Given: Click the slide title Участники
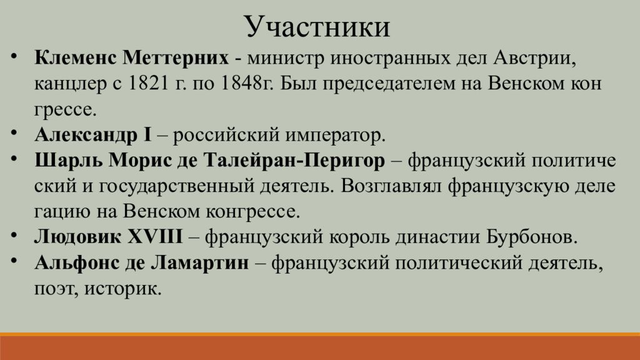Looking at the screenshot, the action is coord(318,27).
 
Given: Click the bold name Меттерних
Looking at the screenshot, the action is coord(176,58).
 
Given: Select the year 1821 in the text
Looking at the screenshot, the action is coord(148,84).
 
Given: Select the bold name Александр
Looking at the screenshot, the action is coord(86,136).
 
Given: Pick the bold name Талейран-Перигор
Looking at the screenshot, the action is coord(294,161).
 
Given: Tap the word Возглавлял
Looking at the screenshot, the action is coord(391,186).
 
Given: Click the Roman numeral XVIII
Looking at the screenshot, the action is coord(155,237).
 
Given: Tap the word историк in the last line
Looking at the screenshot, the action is coord(123,289).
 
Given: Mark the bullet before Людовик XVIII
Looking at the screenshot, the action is coord(14,235).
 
